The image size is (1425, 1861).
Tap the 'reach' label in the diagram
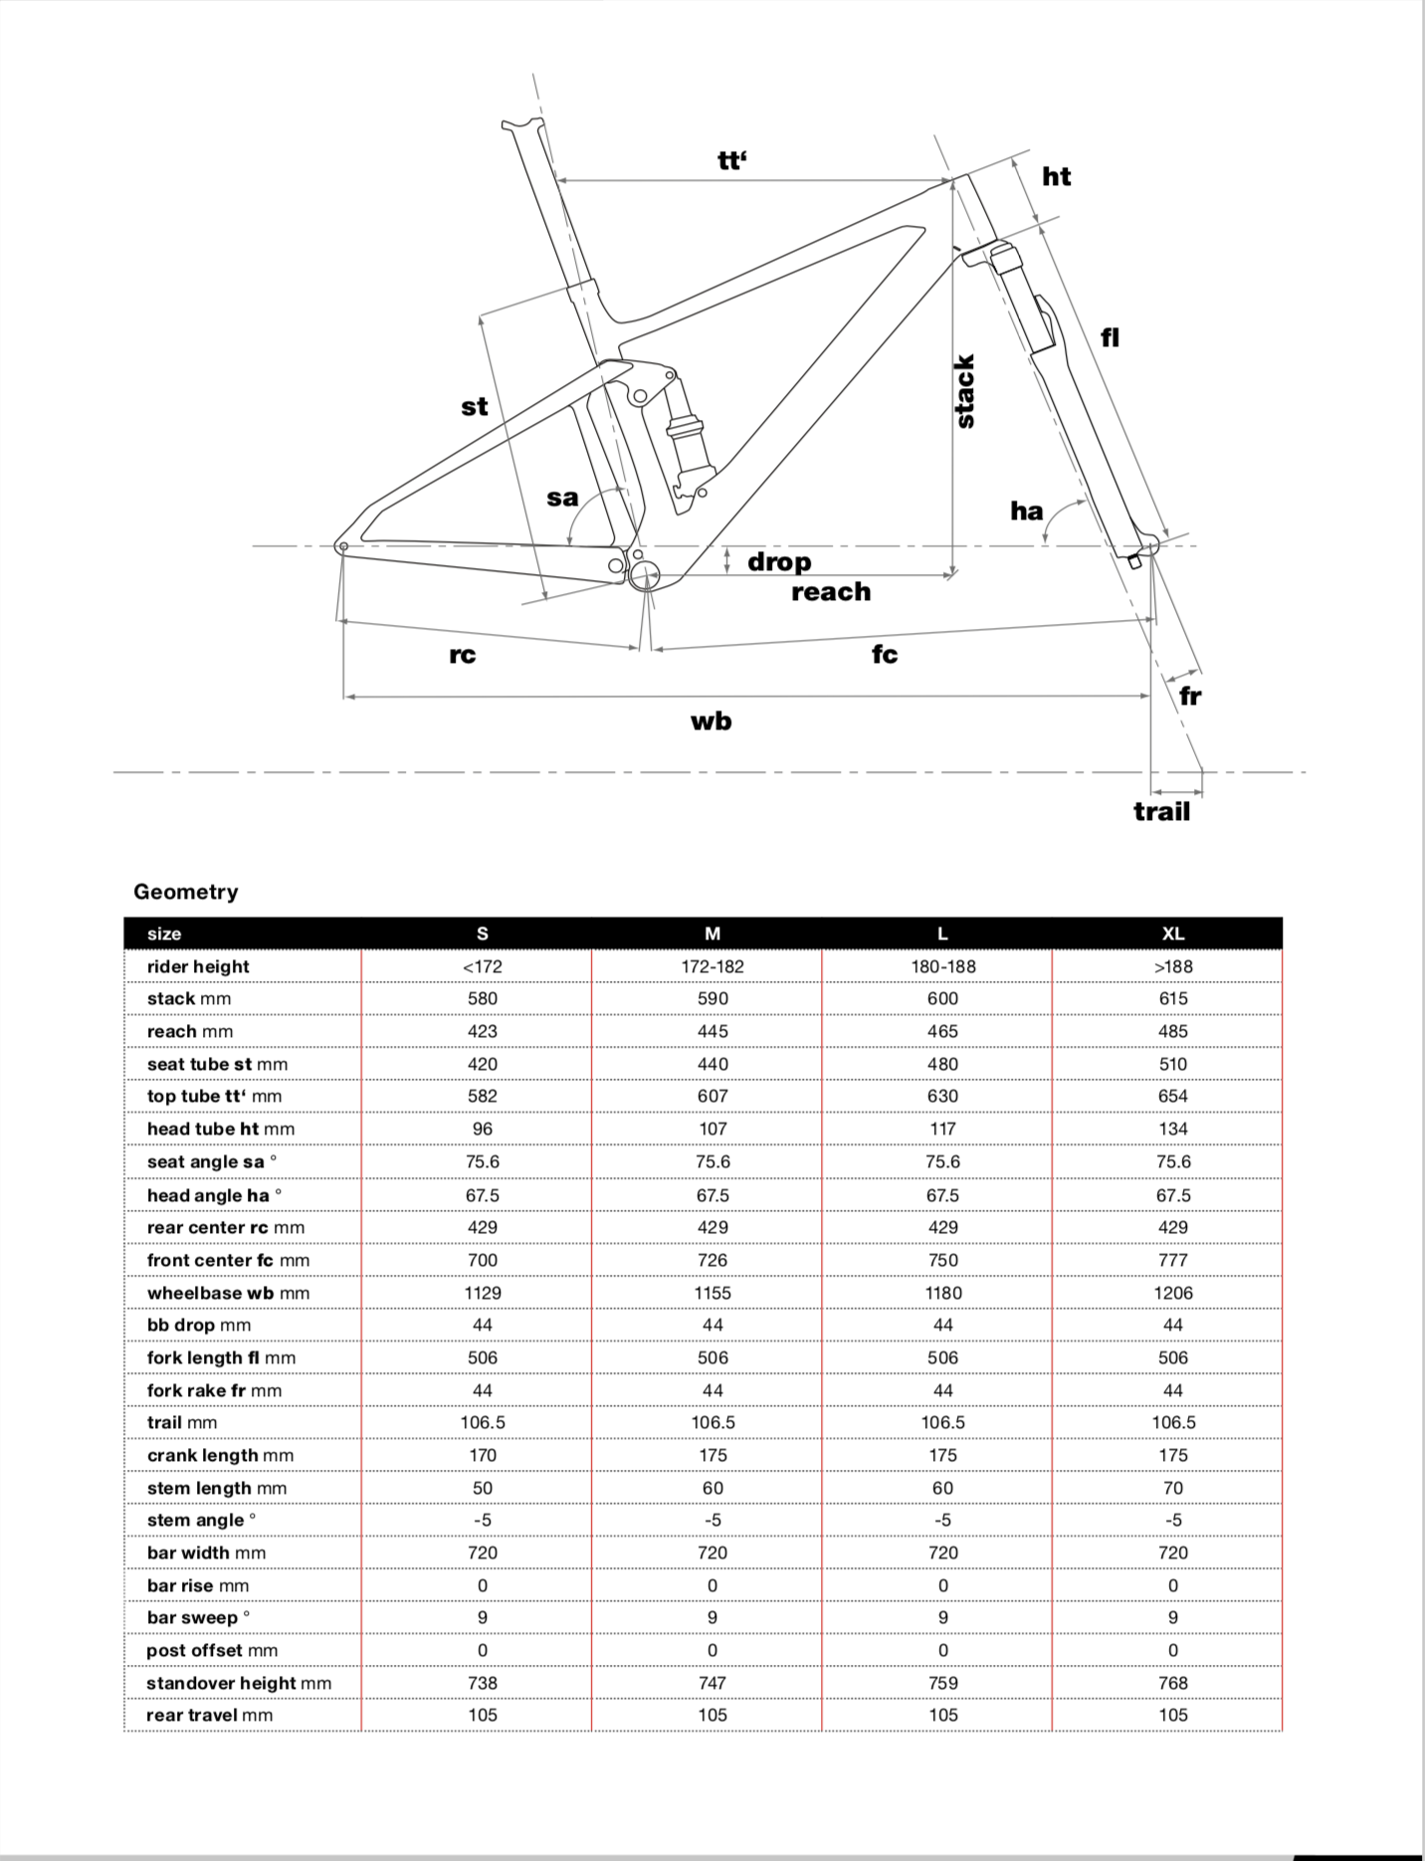point(831,592)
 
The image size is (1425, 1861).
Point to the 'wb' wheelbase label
point(711,722)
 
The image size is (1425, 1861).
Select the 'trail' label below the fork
point(1161,812)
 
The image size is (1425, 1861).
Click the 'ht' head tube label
point(1056,177)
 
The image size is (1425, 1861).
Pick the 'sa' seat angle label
point(562,498)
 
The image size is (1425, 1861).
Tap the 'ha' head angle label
point(1026,512)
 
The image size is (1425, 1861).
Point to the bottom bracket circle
point(644,574)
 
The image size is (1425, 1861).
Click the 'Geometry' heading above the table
point(186,892)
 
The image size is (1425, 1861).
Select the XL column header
point(1172,933)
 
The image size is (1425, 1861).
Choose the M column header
point(712,933)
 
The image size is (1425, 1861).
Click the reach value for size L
point(942,1031)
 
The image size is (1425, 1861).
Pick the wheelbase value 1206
point(1172,1293)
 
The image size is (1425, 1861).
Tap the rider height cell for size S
point(482,966)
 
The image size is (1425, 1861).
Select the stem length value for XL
point(1172,1488)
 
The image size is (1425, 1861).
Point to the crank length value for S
point(482,1455)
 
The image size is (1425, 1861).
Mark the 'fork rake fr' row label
point(214,1390)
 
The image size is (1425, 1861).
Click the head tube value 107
point(712,1129)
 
